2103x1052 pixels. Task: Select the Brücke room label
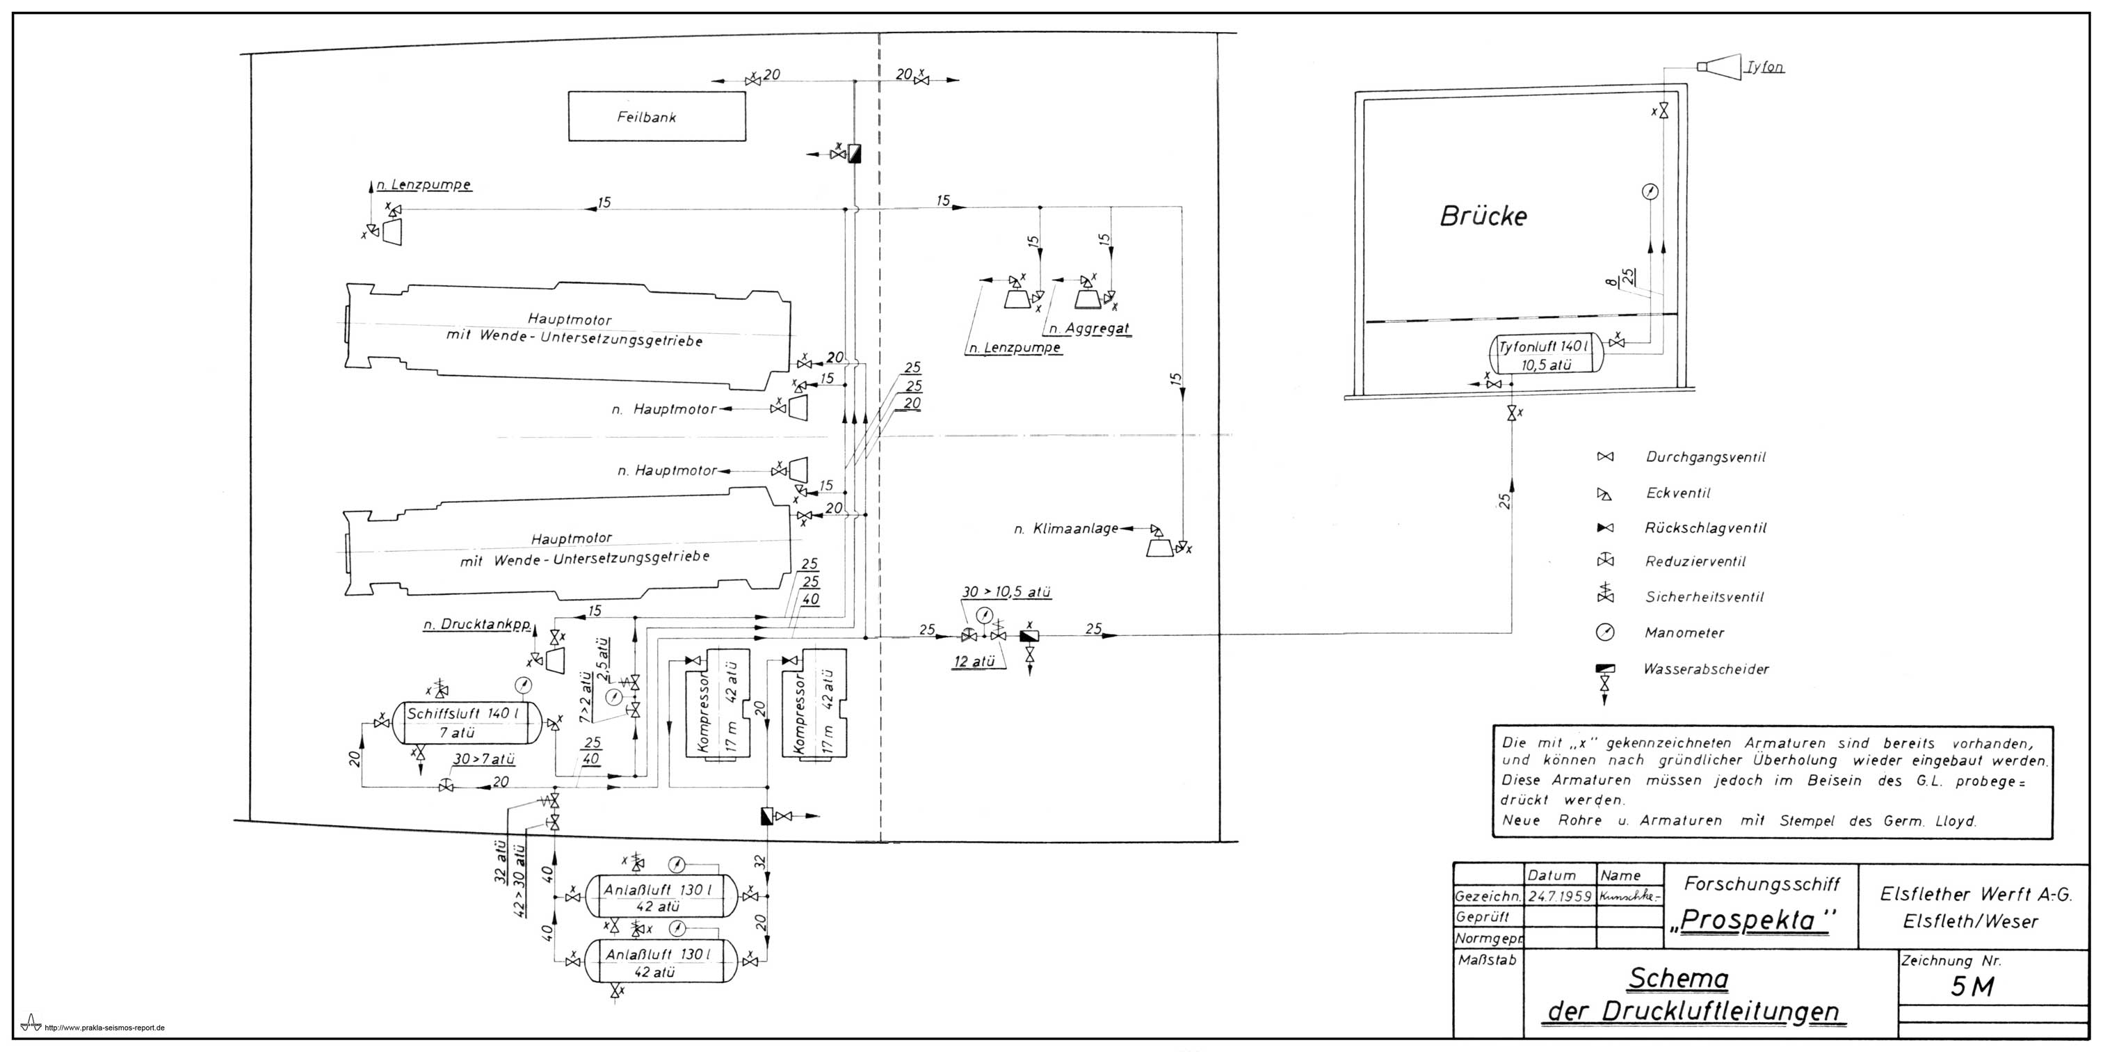[1483, 216]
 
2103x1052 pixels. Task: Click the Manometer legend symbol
[1606, 632]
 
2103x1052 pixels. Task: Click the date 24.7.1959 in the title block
[1560, 896]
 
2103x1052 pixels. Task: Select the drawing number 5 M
[1972, 987]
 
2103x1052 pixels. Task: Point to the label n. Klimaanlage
[1066, 529]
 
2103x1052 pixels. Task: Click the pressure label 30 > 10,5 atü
[1006, 592]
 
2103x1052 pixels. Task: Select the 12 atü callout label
[974, 662]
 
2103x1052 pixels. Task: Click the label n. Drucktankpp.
[478, 625]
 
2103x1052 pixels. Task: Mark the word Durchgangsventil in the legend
[1705, 457]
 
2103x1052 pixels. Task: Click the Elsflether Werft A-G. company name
[1976, 894]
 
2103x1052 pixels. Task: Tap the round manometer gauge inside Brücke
[1650, 192]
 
